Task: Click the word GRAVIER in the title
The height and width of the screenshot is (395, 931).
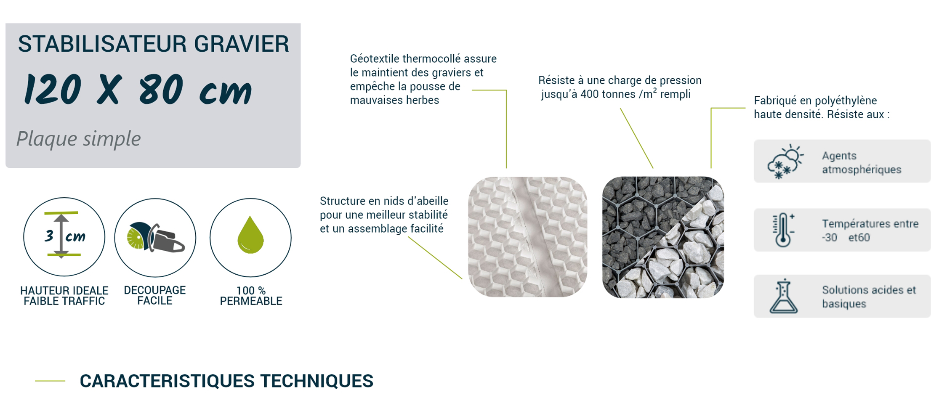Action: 242,44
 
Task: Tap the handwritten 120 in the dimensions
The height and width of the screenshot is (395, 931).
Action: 52,89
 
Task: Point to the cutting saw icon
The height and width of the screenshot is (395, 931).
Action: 155,237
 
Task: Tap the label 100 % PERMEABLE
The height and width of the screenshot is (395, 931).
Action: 251,296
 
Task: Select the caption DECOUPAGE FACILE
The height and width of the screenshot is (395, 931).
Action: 155,295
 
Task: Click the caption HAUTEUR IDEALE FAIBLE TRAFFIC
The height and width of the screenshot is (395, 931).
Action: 64,296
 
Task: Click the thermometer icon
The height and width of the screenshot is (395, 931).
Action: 783,230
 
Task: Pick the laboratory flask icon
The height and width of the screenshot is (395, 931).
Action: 783,296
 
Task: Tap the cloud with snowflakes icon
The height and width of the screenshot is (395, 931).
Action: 785,162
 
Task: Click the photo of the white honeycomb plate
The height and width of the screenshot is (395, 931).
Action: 528,237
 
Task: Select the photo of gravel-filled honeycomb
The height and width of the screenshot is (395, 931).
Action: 663,237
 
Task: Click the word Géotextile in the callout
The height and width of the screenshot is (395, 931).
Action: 375,59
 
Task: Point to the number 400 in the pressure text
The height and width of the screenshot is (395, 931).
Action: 590,94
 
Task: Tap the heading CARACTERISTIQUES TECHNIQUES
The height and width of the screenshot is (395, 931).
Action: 226,381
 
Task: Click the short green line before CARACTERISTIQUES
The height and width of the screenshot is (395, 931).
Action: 50,381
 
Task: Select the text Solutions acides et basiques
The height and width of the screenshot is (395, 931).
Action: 869,297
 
